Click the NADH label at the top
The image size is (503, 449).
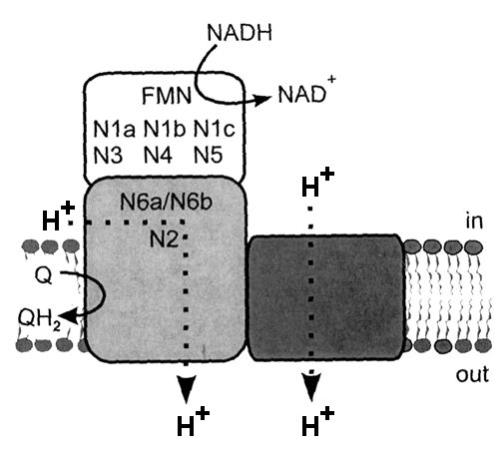tap(240, 32)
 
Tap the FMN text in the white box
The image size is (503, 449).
tap(167, 96)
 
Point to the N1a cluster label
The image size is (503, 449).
tap(114, 129)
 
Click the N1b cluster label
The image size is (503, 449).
tap(165, 129)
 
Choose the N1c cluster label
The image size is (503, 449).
tap(215, 129)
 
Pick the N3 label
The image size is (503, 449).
tap(108, 155)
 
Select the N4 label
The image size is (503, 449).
tap(158, 155)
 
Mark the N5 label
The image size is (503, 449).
tap(208, 155)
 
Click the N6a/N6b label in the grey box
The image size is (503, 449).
tap(166, 202)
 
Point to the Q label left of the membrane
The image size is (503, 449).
tap(44, 276)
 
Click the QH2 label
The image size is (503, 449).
tap(39, 319)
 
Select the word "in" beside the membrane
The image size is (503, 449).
tap(474, 221)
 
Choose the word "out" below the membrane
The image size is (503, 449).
tap(472, 375)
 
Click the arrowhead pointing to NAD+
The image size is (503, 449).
tap(261, 100)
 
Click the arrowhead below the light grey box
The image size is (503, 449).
tap(186, 388)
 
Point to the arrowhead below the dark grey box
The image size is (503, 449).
tap(311, 386)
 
